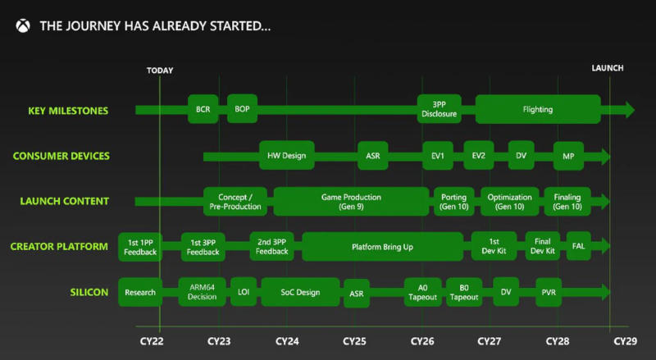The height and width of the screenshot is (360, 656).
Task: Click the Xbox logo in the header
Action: (x=23, y=26)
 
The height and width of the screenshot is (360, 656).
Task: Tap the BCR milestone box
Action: (x=203, y=109)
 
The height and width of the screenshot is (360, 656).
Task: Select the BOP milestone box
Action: (x=242, y=109)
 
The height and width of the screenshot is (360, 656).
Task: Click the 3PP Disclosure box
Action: (x=439, y=109)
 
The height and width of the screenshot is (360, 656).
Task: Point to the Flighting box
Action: (x=538, y=109)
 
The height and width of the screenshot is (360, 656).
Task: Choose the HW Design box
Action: (x=286, y=155)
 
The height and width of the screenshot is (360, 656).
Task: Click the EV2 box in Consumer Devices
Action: (x=479, y=155)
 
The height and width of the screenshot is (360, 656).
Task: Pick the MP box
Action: (x=568, y=156)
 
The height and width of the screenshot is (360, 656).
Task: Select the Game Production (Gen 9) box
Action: (x=352, y=202)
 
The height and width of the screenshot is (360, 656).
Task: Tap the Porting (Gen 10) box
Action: (x=454, y=202)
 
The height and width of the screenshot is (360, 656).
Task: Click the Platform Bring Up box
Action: (x=382, y=247)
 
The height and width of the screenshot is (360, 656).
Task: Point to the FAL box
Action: (x=579, y=246)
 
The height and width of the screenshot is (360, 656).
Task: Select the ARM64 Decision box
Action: (x=202, y=292)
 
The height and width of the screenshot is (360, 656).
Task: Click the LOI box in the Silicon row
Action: (x=244, y=291)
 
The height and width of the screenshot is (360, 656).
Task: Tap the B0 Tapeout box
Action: (x=464, y=292)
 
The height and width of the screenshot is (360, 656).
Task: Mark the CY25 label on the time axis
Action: (x=354, y=341)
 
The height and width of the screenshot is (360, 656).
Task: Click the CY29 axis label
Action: (x=626, y=341)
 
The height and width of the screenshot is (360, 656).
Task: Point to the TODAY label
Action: (x=160, y=71)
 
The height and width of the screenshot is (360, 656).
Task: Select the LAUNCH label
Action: (x=608, y=68)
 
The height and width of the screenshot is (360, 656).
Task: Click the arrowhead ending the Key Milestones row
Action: (x=630, y=110)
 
